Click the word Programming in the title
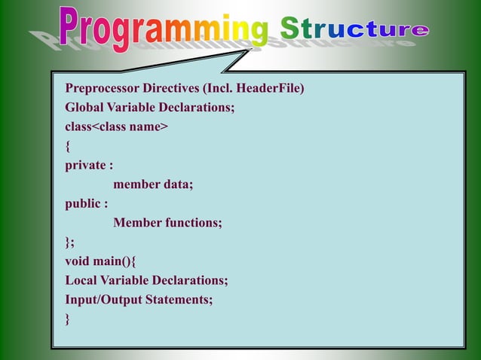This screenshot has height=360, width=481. [163, 29]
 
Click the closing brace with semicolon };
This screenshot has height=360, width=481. [70, 242]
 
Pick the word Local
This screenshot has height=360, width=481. [81, 280]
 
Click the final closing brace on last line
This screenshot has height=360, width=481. [68, 319]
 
